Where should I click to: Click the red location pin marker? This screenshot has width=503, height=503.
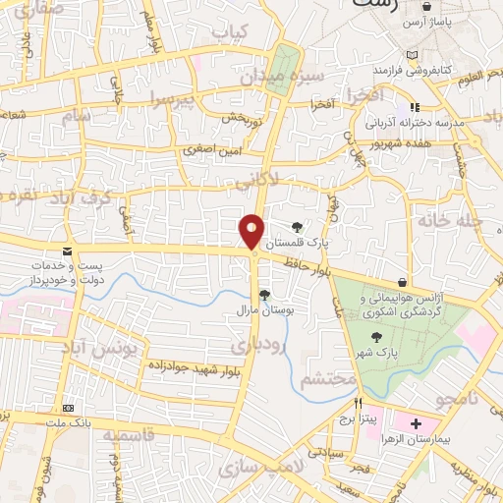tap(252, 232)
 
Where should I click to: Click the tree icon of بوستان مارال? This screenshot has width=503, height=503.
tap(264, 294)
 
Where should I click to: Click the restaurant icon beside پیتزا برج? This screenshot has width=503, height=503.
tap(360, 403)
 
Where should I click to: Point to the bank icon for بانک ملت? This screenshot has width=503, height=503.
tap(69, 407)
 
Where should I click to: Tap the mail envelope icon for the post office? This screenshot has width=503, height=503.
tap(68, 252)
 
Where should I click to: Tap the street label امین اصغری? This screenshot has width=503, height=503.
tap(210, 150)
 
